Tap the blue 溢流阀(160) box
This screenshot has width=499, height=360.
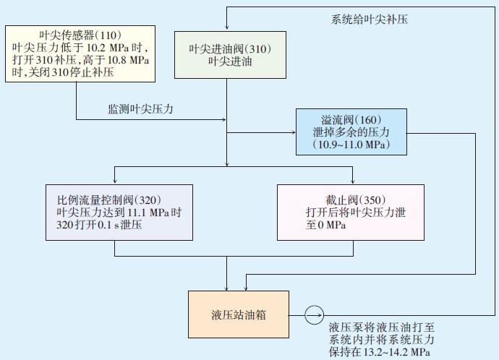click(x=351, y=132)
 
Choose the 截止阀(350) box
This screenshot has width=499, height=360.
click(x=352, y=212)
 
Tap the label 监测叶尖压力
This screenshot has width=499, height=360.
click(x=141, y=109)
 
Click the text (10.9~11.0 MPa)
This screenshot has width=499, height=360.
click(x=351, y=145)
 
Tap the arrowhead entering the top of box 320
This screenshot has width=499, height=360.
click(x=116, y=181)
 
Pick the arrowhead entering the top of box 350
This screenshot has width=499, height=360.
click(x=352, y=181)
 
